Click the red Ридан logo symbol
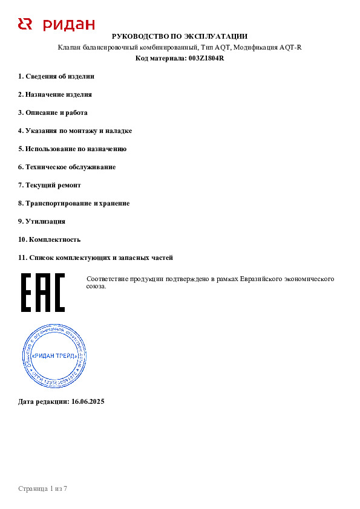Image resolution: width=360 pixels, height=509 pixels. click(25, 24)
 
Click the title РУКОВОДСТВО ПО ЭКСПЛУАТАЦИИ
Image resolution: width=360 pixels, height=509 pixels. click(180, 37)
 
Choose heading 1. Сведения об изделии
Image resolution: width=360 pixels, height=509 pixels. click(56, 76)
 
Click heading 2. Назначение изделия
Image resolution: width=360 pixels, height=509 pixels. click(55, 94)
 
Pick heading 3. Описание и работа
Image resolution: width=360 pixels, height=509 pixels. click(53, 112)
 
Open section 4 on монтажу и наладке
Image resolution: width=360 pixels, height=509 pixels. click(75, 131)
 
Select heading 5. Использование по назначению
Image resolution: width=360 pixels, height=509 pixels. click(72, 149)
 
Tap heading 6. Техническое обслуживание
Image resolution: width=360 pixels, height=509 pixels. click(67, 167)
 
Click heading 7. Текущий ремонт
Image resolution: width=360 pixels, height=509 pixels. click(49, 185)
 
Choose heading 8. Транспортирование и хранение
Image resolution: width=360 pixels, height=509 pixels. click(74, 203)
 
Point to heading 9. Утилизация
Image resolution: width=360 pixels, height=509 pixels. click(42, 221)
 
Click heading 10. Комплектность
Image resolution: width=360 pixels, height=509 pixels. click(49, 239)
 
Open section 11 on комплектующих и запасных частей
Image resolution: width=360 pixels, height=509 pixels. click(96, 258)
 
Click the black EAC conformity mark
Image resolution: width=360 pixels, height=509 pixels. click(42, 293)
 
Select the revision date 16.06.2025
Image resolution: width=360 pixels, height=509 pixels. click(88, 401)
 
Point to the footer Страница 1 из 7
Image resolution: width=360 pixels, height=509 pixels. click(42, 488)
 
